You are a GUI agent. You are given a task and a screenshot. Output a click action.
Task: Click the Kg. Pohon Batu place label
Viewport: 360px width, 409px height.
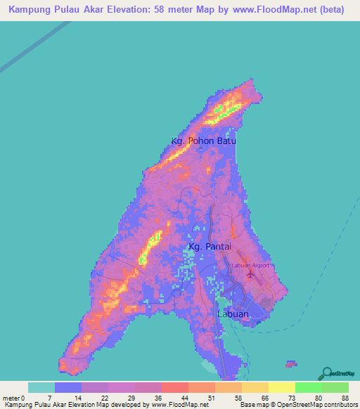pos(204,141)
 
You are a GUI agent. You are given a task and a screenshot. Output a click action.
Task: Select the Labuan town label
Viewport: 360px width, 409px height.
pos(232,314)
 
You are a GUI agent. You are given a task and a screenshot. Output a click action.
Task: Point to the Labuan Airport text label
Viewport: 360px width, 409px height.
pos(250,265)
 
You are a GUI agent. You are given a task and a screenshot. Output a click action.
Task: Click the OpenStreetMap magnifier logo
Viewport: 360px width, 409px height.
pos(326,372)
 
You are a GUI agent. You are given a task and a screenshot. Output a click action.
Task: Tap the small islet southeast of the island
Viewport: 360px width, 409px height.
pos(290,364)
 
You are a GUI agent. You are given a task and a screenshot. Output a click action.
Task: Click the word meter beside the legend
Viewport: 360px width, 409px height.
pos(11,398)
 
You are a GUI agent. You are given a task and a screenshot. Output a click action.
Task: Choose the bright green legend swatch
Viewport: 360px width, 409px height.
pos(308,387)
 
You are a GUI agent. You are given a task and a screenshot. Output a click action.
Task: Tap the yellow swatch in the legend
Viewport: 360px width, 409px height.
pos(281,387)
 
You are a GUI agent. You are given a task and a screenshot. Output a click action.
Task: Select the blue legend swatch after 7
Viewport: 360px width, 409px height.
pos(68,387)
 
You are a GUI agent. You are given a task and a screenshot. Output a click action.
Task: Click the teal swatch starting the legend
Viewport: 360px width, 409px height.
pos(41,387)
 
